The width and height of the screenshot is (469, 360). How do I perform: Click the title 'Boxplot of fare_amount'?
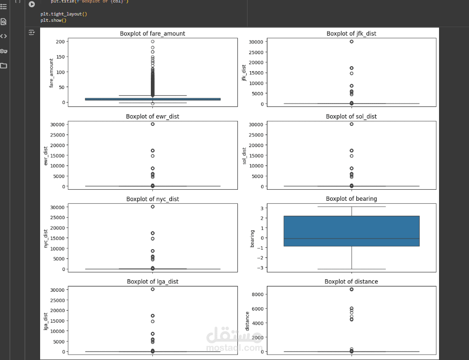coord(152,33)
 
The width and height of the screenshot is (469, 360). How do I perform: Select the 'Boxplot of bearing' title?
coord(351,199)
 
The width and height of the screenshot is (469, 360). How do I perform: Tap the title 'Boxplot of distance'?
coord(351,282)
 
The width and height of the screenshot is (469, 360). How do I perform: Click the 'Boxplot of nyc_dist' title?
coord(152,199)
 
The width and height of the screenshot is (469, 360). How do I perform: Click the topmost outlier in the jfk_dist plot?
coord(352,42)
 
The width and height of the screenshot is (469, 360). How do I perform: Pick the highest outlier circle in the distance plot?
coord(352,289)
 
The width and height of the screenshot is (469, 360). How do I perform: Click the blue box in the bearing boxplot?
coord(352,231)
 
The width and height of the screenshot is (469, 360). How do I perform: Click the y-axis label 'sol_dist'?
coord(244,156)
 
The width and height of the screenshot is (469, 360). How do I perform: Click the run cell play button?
coord(32,4)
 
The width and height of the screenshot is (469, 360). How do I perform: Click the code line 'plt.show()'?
coord(53,20)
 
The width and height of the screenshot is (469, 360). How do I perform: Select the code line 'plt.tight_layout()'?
coord(64,14)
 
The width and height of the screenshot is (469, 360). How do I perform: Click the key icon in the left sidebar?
coord(3,51)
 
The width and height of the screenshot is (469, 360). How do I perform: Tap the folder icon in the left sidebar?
coord(3,65)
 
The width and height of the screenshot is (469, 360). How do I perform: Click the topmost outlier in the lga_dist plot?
coord(152,289)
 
